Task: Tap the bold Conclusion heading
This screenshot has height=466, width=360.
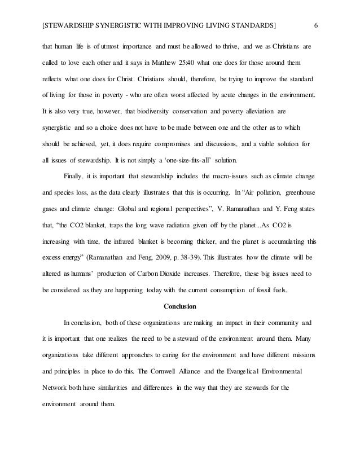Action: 179,307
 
